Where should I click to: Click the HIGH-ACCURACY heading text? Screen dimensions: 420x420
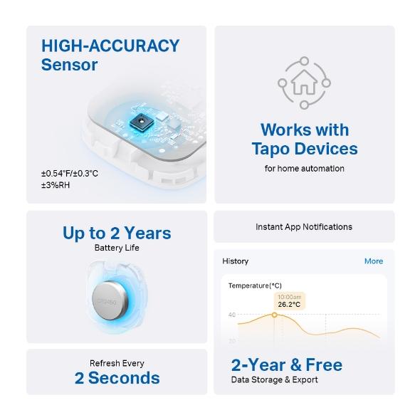(x=110, y=46)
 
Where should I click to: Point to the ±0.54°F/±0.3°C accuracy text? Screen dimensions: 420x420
(x=70, y=173)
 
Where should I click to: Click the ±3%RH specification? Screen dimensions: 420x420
(x=56, y=185)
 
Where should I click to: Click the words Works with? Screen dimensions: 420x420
(x=304, y=130)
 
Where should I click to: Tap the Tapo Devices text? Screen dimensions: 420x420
(x=304, y=149)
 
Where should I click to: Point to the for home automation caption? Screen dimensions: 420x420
(x=304, y=169)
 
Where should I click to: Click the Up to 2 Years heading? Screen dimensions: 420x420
(x=117, y=233)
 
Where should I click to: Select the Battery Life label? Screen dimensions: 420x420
(x=117, y=248)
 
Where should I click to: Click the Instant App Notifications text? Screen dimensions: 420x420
(x=304, y=226)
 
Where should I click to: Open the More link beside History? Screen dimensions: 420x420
(x=374, y=261)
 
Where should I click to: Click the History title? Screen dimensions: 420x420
(x=236, y=261)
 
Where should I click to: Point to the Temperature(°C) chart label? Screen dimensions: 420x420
(x=255, y=285)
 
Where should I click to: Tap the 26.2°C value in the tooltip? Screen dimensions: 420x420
(x=289, y=305)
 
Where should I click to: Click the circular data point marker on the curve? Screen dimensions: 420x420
(x=275, y=315)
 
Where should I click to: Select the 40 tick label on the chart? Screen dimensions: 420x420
(x=232, y=315)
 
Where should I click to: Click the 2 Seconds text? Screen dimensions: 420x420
(x=117, y=377)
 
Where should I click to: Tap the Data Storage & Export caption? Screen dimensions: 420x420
(x=274, y=379)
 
